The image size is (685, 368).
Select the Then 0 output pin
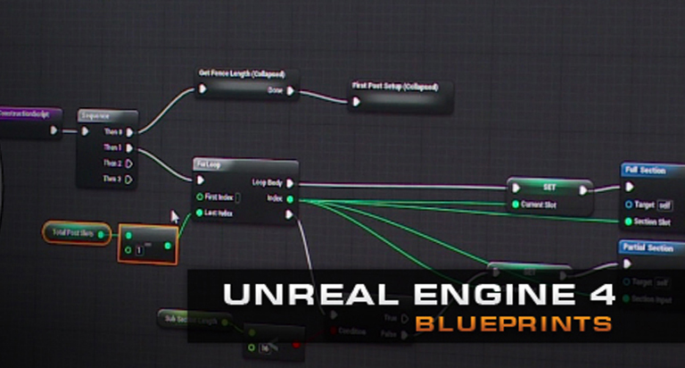129,132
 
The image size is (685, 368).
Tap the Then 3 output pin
129,179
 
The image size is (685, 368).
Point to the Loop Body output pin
289,183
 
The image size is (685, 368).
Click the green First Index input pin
199,197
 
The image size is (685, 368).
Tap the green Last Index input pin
199,213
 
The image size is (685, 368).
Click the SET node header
549,188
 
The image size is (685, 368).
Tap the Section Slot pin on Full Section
629,222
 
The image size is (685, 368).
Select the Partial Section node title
648,247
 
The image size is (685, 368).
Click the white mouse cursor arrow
175,216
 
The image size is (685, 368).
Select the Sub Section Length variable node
191,318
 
